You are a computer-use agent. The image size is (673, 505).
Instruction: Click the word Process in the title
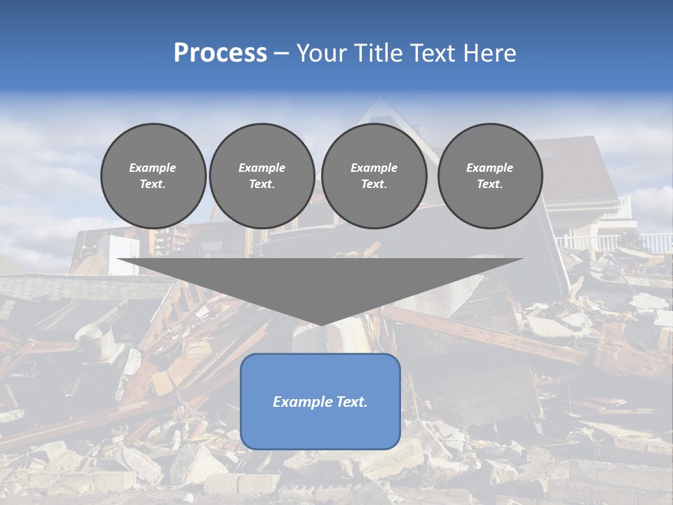[220, 53]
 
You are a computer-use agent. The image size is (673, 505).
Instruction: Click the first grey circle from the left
[153, 175]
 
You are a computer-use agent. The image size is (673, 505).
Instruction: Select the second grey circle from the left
[261, 175]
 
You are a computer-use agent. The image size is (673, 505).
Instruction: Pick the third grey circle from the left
[374, 175]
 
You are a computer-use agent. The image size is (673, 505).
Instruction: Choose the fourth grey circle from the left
[489, 175]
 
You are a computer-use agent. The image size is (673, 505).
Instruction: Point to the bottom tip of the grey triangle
[320, 324]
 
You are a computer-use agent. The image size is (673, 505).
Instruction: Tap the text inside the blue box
[320, 402]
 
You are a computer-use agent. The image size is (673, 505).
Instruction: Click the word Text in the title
[433, 53]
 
